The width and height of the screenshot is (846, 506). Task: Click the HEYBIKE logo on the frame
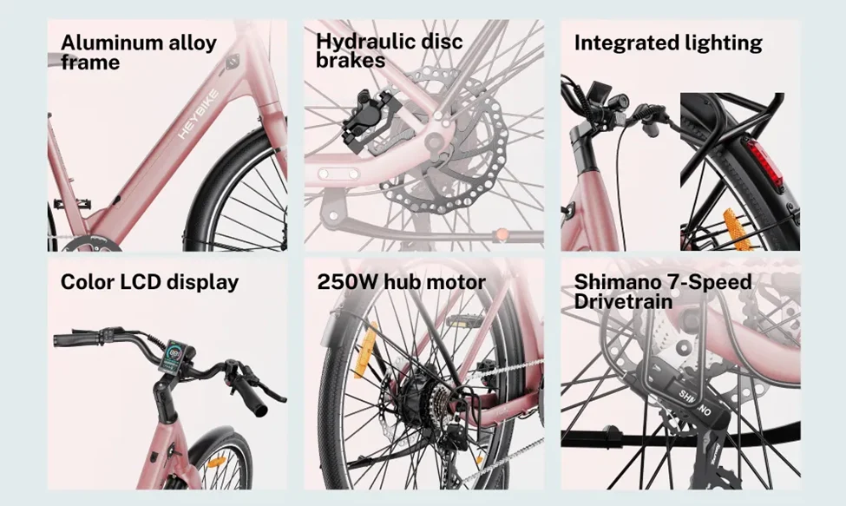pyautogui.click(x=199, y=115)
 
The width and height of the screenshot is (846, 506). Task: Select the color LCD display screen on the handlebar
pyautogui.click(x=174, y=357)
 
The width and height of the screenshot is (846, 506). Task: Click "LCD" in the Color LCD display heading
pyautogui.click(x=140, y=281)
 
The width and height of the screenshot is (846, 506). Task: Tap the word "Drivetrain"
pyautogui.click(x=623, y=301)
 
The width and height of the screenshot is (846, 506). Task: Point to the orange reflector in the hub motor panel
pyautogui.click(x=363, y=351)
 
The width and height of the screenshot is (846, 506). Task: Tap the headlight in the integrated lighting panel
pyautogui.click(x=619, y=101)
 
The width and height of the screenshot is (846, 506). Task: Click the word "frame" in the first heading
pyautogui.click(x=90, y=62)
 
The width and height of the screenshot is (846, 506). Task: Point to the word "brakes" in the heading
pyautogui.click(x=351, y=60)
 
